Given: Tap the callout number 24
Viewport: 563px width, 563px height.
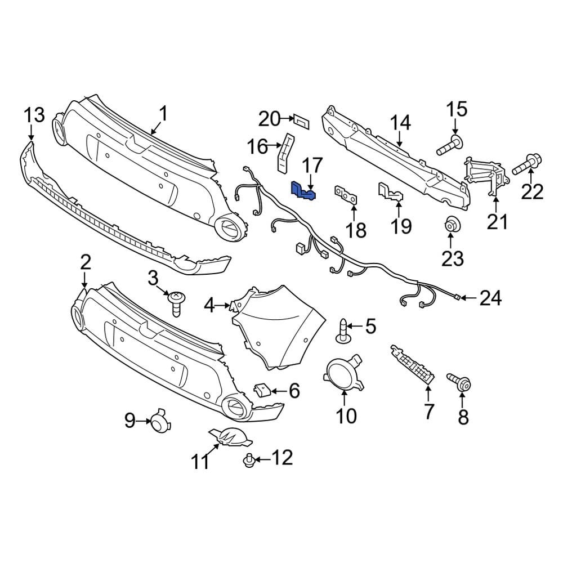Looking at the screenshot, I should [x=490, y=298].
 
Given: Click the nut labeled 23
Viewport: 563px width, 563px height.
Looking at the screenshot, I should [x=452, y=224].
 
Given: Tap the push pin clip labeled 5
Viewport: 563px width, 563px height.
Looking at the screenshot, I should [x=342, y=331].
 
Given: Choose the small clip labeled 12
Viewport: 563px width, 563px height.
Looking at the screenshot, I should [x=248, y=461].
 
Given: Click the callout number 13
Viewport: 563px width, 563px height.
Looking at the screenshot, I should [x=33, y=116].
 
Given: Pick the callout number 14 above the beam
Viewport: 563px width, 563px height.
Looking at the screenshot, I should [x=400, y=123].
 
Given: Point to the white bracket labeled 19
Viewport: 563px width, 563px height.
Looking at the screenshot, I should [x=391, y=191].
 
